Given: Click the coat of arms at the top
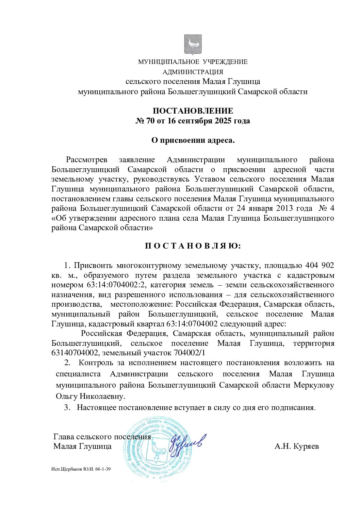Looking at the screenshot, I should coord(193,45).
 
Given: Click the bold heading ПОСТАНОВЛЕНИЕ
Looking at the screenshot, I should coord(193,111).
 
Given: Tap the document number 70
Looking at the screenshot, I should coord(150,121).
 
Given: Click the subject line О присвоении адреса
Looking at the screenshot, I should coord(193,140).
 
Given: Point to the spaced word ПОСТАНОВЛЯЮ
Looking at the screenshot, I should coord(193,246).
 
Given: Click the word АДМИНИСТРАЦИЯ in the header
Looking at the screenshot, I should coord(193,72).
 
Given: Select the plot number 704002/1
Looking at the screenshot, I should coord(190,353).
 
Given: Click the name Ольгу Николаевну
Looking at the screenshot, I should coord(90,396).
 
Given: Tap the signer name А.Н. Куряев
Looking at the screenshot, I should coord(297,446).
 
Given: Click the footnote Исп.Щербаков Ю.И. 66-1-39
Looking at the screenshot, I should coord(81,469).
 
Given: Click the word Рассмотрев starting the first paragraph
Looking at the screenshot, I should coord(86,160).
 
